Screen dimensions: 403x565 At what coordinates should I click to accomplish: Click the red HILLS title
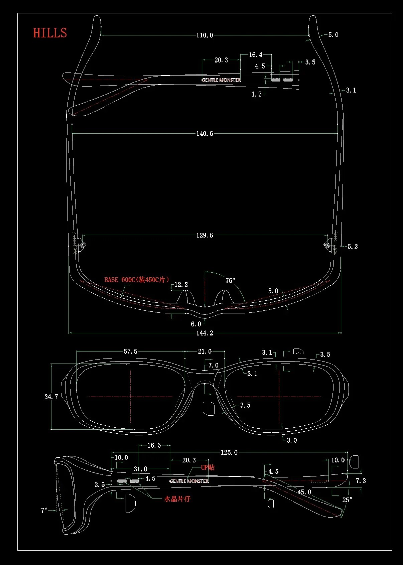click(x=50, y=33)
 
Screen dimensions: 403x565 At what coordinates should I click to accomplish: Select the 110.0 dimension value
click(x=205, y=35)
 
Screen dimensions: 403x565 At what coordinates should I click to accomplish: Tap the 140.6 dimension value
click(x=205, y=134)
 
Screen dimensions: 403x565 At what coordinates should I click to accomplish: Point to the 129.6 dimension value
click(x=205, y=235)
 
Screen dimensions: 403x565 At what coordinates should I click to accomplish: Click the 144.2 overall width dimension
click(x=205, y=333)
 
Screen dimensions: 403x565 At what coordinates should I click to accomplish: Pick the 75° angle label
click(x=230, y=280)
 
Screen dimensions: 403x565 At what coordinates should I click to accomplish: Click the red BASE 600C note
click(x=136, y=280)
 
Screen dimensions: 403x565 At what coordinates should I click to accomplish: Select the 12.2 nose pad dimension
click(x=181, y=285)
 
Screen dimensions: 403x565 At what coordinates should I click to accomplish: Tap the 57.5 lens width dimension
click(x=130, y=351)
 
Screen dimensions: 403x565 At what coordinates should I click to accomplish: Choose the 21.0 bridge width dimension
click(x=205, y=351)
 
